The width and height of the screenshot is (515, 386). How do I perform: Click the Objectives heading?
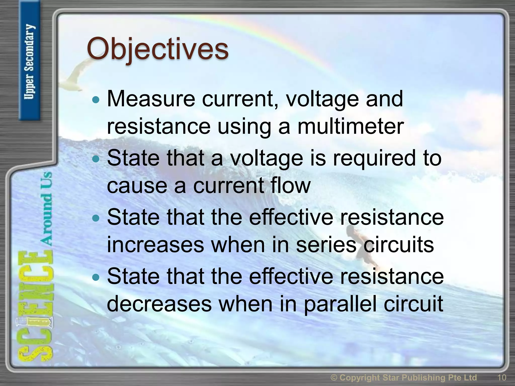click(x=158, y=49)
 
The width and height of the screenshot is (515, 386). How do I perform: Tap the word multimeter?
click(x=351, y=126)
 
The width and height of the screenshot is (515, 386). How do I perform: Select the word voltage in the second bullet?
click(x=267, y=158)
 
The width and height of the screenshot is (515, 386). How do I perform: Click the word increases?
click(x=155, y=245)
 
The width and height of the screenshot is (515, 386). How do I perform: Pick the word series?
click(x=326, y=245)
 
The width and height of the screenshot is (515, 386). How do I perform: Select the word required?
click(x=374, y=158)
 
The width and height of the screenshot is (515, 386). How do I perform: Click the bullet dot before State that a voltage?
click(x=96, y=159)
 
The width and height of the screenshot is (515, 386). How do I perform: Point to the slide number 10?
click(x=501, y=377)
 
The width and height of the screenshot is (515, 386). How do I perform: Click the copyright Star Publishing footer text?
click(x=404, y=377)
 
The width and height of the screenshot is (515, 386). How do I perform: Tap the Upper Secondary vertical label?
click(x=29, y=62)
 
